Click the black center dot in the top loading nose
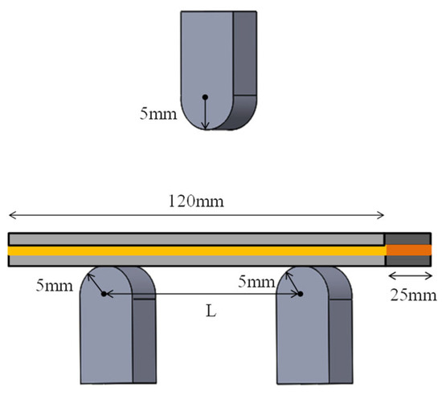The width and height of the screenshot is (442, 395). coord(205,97)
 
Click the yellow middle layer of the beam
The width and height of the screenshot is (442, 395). coord(196,250)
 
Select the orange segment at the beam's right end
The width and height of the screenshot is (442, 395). coord(409,250)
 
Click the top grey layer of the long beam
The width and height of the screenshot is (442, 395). coord(196,238)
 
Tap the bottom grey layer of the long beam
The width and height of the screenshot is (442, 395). coord(196,260)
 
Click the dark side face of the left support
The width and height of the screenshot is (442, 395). coord(143,337)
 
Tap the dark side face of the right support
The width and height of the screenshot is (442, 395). coord(339,337)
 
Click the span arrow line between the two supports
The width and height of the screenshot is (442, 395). coord(201,295)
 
